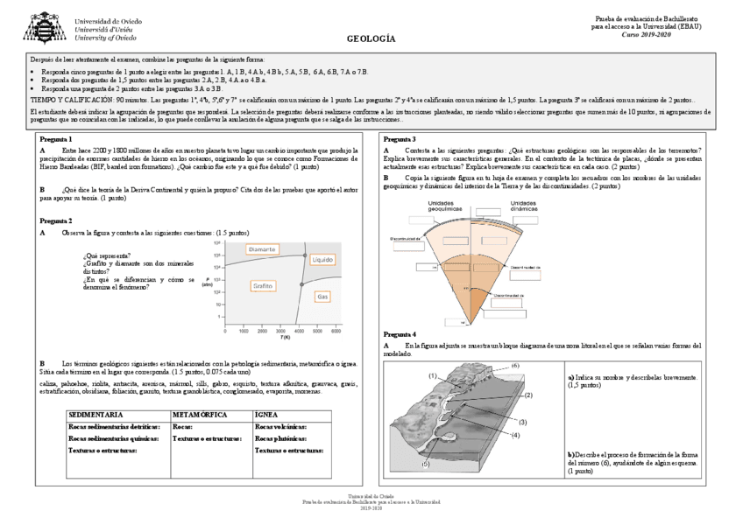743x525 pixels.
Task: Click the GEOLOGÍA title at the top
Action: pos(371,38)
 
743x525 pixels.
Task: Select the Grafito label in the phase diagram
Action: pos(263,286)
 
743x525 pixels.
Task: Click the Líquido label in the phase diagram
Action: pos(322,260)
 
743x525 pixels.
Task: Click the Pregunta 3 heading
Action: pos(400,140)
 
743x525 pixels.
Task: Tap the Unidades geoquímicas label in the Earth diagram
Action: pos(445,206)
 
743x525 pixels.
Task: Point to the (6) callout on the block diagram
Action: pos(515,364)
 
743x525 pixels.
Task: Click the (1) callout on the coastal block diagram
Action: pos(433,375)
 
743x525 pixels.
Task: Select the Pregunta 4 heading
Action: pos(400,334)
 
